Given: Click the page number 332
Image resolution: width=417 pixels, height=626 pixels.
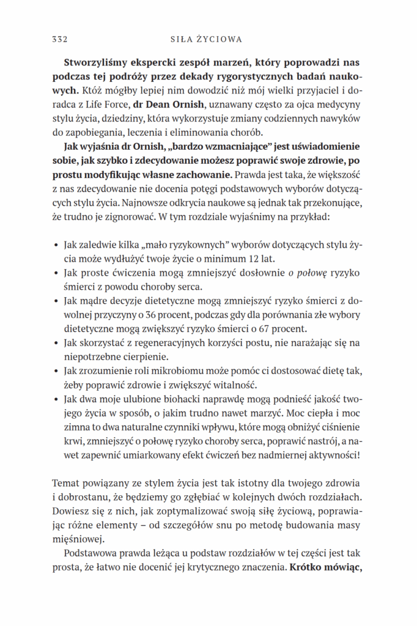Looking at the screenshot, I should click(x=59, y=39).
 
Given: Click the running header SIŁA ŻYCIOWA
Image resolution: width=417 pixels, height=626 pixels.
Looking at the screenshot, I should click(x=205, y=39).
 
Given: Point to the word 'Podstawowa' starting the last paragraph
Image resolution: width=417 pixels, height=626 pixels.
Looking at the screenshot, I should click(x=87, y=553).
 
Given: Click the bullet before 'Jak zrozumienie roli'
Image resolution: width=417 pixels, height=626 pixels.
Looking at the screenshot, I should click(x=56, y=372).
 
